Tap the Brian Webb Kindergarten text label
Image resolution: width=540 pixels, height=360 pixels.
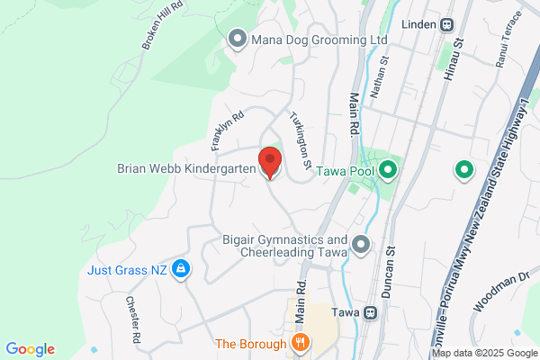click(x=186, y=168)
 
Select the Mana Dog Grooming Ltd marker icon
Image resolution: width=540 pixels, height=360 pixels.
click(x=238, y=39)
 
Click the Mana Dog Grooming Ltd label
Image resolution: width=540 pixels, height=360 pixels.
click(x=319, y=40)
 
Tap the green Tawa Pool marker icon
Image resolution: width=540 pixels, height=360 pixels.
click(x=389, y=168)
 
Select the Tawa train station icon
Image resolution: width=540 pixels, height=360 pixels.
click(x=370, y=312)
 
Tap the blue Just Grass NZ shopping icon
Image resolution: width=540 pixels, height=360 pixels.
click(x=181, y=268)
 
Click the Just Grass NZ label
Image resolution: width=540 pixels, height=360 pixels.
click(x=128, y=269)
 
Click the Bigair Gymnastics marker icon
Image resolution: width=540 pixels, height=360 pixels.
click(x=361, y=244)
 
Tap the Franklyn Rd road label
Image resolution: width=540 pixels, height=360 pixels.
click(x=227, y=131)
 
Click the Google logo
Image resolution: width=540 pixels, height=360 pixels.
click(x=31, y=349)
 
